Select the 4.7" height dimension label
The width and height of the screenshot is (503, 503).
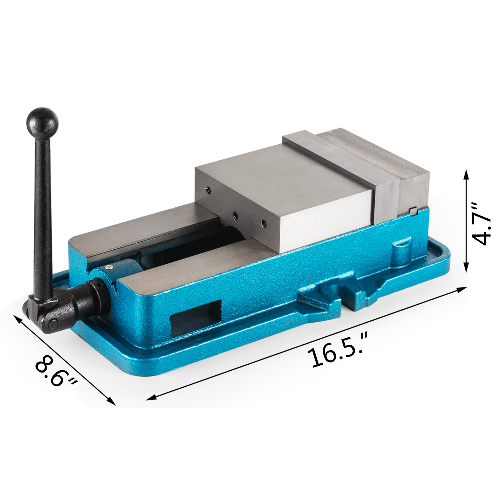[x=481, y=224]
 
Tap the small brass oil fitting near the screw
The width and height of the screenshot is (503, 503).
[x=109, y=267]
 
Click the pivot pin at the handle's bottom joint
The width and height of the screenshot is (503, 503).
[x=54, y=323]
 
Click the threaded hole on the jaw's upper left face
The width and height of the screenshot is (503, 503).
[x=208, y=190]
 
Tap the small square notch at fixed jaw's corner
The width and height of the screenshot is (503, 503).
[x=414, y=212]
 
